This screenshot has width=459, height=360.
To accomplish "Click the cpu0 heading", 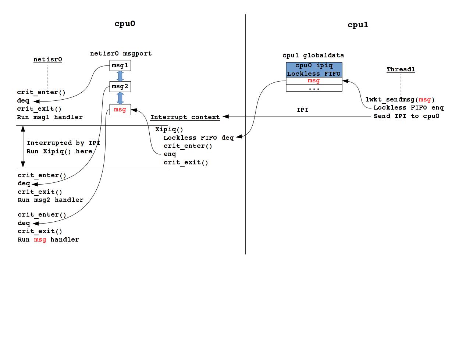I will (125, 24).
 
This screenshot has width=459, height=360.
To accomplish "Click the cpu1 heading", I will (357, 25).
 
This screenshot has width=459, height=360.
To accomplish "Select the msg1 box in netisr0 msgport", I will (120, 66).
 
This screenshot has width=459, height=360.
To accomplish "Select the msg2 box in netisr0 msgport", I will (120, 87).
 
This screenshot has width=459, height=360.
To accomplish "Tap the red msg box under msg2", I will (120, 110).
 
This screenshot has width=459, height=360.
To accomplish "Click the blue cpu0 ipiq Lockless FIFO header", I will (314, 69).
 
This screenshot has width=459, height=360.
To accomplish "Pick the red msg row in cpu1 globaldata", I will (314, 81).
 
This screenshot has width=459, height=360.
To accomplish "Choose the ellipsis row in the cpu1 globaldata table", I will (314, 88).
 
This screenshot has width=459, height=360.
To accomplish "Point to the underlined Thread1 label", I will (401, 69).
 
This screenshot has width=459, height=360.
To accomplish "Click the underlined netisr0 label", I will (48, 60).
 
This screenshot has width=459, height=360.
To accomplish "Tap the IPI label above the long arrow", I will (302, 110).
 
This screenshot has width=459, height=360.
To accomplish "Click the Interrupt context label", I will (185, 117).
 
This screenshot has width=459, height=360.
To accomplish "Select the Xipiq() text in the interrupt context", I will (169, 129).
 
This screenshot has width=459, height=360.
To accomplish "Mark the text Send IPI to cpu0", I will (406, 116).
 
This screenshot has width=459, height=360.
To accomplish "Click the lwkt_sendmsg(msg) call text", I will (400, 100).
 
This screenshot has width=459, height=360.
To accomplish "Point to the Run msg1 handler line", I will (50, 117).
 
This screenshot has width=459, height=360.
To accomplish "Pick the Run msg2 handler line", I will (50, 200).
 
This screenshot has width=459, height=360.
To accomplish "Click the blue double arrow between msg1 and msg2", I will (120, 76).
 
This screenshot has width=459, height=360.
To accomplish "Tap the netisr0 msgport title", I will (121, 54).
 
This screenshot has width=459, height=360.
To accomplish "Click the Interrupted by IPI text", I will (63, 143).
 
